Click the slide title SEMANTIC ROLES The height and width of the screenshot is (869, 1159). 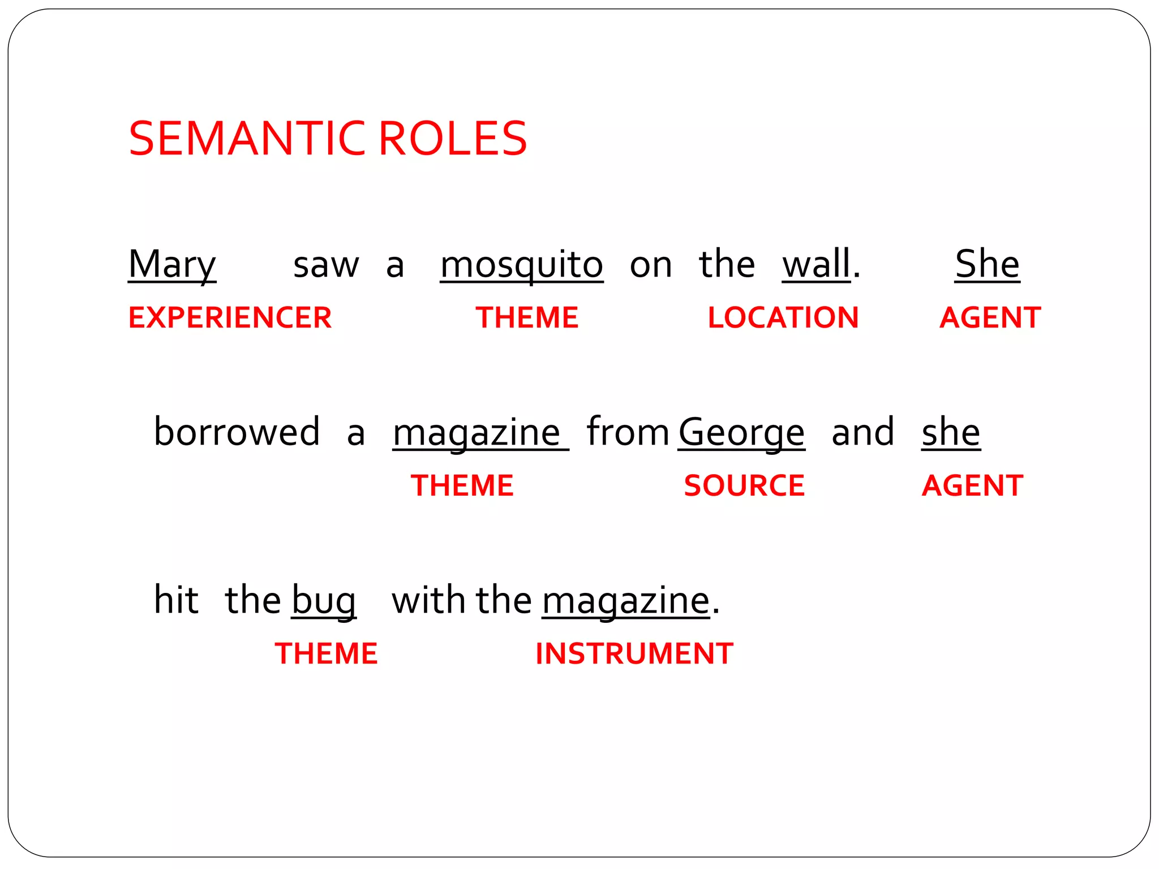pos(328,139)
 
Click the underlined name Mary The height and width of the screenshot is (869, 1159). pos(172,264)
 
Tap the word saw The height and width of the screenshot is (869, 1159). pos(326,265)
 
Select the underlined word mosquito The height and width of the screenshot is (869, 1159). pos(521,265)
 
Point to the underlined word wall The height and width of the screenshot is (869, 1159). pos(816,264)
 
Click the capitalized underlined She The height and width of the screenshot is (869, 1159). pos(987,264)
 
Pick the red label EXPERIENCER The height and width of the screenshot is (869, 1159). pos(230,317)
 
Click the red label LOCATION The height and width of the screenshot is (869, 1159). pos(783,317)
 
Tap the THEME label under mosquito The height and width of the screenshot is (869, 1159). pos(527,317)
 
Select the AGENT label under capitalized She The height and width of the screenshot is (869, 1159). pos(990,317)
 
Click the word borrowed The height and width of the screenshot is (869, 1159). pos(237,432)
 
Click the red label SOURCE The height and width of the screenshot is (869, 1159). pos(744,485)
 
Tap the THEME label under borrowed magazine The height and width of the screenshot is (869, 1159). pos(462,485)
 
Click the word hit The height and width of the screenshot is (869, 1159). pos(176,600)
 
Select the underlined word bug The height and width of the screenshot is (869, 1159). pos(324,601)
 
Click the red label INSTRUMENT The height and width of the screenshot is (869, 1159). pos(634,653)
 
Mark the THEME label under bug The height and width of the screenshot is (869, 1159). pos(326,653)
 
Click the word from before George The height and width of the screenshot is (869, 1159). pos(628,432)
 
